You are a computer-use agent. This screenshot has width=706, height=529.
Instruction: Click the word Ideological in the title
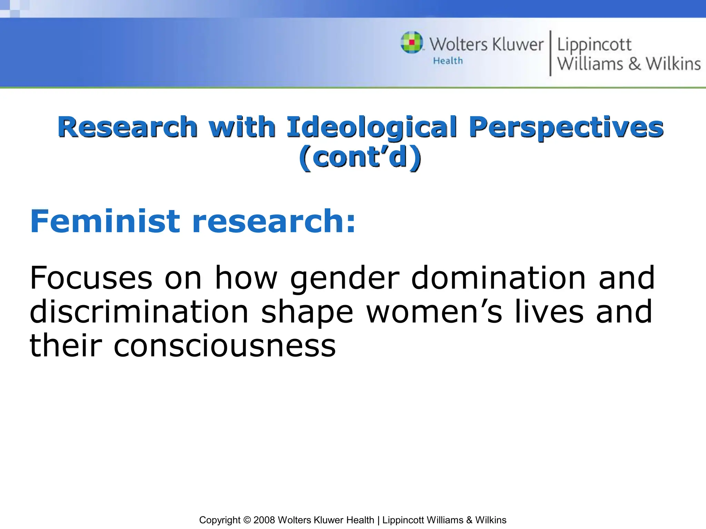point(372,127)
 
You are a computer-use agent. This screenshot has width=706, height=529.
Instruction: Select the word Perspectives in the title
point(566,127)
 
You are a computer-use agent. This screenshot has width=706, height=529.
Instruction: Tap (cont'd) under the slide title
point(360,157)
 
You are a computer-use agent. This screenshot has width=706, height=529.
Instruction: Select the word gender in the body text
point(345,278)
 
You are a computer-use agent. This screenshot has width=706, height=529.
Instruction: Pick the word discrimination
point(139,311)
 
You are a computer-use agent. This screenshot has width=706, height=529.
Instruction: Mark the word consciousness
point(224,346)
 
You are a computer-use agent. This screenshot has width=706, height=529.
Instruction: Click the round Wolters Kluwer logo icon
point(412,43)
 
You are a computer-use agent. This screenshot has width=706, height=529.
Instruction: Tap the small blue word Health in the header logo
point(447,61)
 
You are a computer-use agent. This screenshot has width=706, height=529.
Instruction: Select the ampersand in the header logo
point(634,64)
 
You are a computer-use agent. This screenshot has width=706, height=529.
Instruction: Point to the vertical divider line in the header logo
point(550,53)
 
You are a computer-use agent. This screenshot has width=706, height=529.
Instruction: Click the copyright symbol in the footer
point(247,520)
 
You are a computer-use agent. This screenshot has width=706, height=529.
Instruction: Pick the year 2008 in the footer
point(264,520)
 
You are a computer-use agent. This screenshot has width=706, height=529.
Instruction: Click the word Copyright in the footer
point(220,520)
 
